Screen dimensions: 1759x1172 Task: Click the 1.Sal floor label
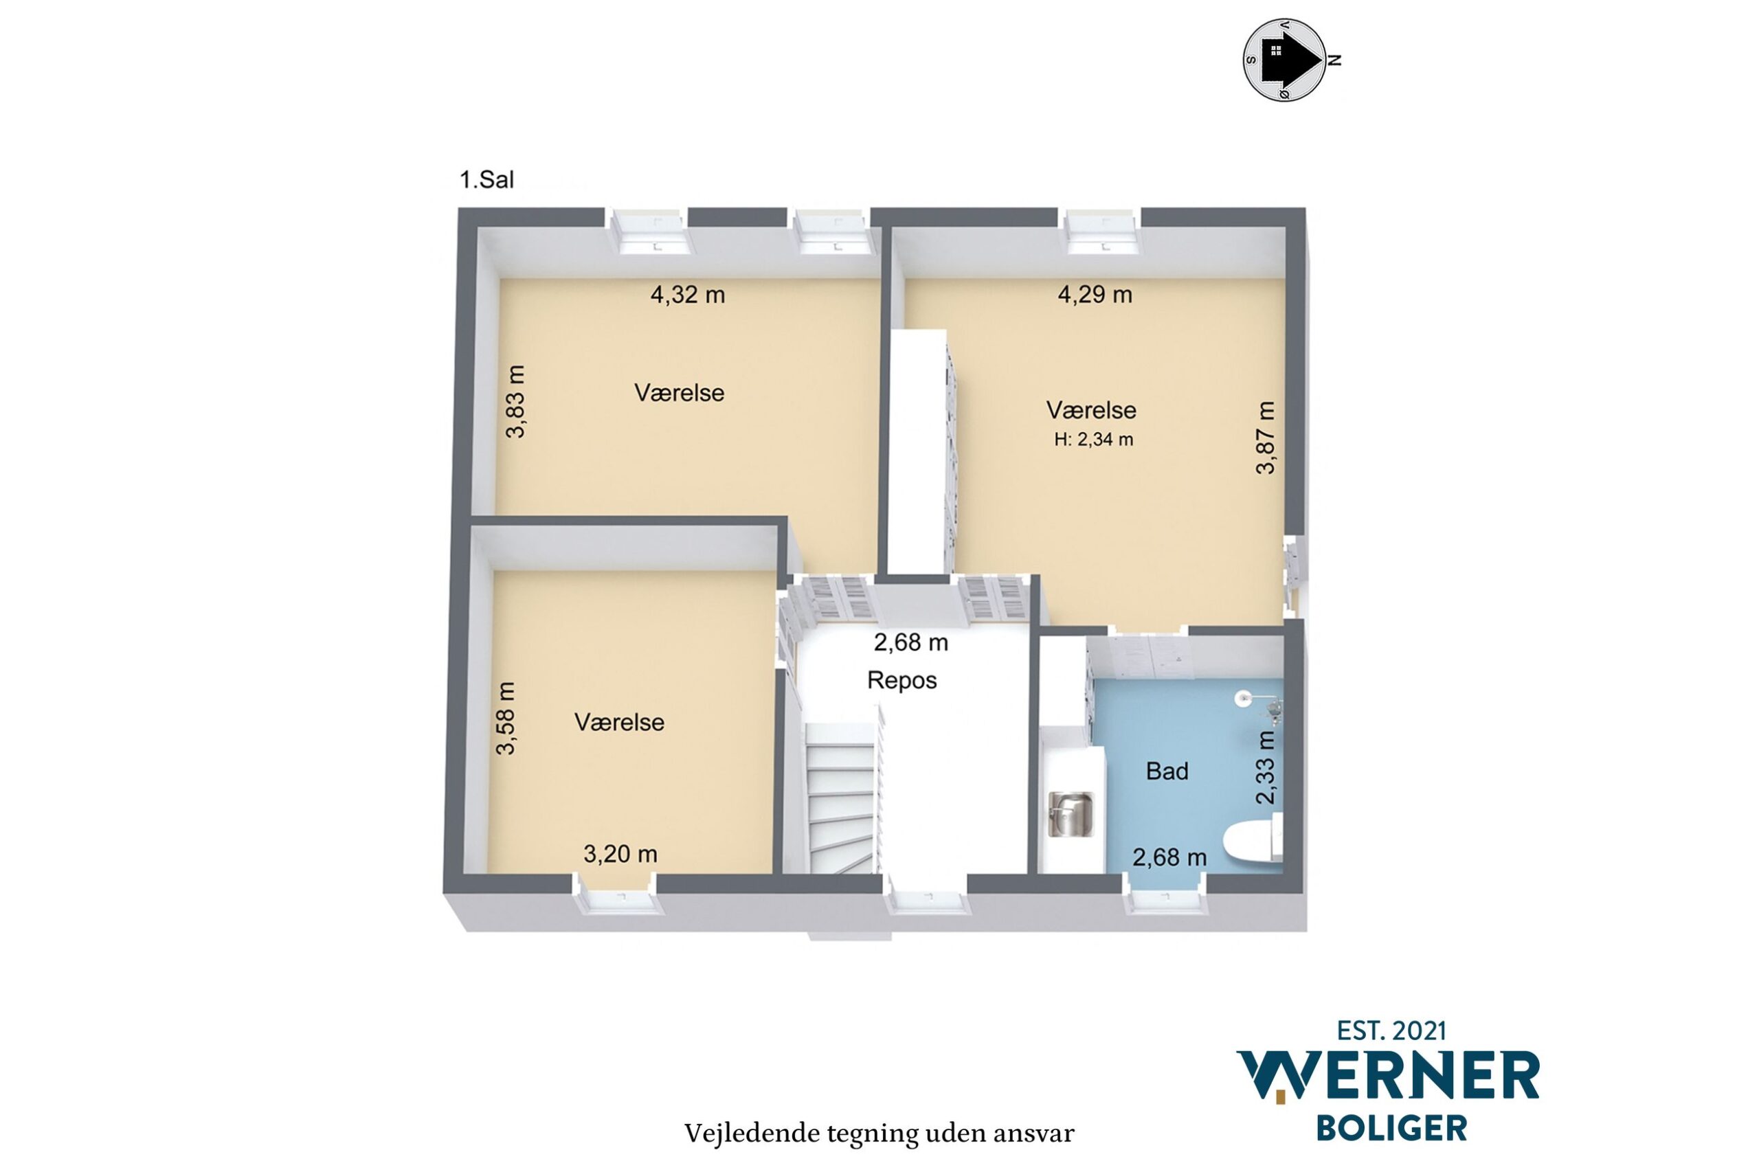pos(486,180)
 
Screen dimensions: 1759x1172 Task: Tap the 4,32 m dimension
pos(687,295)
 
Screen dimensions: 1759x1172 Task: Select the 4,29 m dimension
pos(1095,295)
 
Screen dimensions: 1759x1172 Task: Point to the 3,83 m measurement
pos(515,401)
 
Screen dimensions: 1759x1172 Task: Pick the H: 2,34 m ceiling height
pos(1094,440)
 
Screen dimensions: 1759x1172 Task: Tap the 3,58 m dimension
pos(506,719)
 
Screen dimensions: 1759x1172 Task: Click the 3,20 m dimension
pos(620,854)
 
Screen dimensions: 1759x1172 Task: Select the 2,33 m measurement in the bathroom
pos(1265,767)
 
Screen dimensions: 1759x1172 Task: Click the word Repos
pos(901,680)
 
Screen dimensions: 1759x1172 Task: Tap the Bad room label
pos(1167,771)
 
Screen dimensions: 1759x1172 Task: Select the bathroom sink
pos(1070,815)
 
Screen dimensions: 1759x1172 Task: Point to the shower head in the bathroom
pos(1242,698)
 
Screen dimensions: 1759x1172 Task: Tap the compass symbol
pos(1284,60)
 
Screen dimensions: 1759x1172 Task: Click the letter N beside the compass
pos(1335,60)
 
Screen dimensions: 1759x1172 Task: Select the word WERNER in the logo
pos(1388,1077)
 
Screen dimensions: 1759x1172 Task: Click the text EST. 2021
pos(1391,1031)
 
